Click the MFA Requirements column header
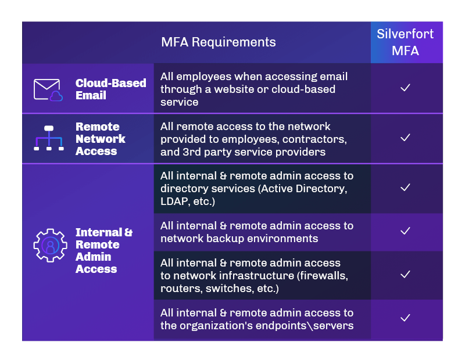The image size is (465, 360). point(219,42)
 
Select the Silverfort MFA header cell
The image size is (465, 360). point(406,42)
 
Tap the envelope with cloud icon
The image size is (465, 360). point(48,89)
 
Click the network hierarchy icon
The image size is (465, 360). point(49,138)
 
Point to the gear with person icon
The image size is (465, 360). point(50,244)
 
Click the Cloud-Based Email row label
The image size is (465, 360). point(110,89)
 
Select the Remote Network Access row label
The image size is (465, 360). point(100,139)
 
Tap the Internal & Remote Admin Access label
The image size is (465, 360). point(103,250)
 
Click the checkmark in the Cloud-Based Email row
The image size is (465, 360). point(406,88)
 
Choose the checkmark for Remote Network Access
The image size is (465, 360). point(406,138)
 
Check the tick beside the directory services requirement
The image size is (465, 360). point(406,188)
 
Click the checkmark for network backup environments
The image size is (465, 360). point(406,231)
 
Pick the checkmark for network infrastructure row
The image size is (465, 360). point(406,274)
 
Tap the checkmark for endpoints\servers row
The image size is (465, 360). point(406,318)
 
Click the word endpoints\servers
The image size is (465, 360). point(306,325)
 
